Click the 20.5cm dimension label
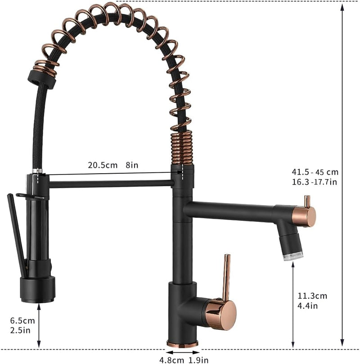pyautogui.click(x=103, y=165)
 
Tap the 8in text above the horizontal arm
pyautogui.click(x=132, y=165)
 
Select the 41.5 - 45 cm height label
pyautogui.click(x=315, y=172)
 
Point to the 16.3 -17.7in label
pyautogui.click(x=314, y=182)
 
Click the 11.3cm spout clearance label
pyautogui.click(x=312, y=296)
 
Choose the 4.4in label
pyautogui.click(x=307, y=306)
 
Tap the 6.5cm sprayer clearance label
pyautogui.click(x=22, y=321)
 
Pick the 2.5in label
pyautogui.click(x=20, y=330)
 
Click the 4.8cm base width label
pyautogui.click(x=171, y=360)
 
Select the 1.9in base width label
pyautogui.click(x=198, y=360)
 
